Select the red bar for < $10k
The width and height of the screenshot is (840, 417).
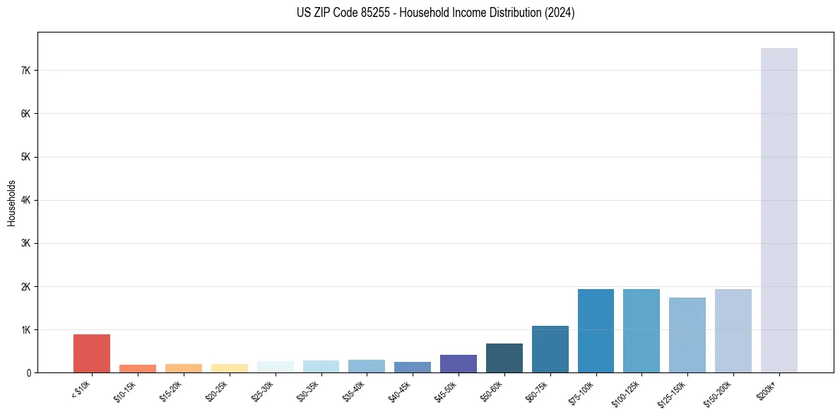coord(92,353)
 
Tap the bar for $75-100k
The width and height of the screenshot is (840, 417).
coord(596,331)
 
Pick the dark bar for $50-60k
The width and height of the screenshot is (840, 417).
coord(504,358)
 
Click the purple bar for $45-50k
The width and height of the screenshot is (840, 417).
coord(458,363)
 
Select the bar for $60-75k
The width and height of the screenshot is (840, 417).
coord(550,349)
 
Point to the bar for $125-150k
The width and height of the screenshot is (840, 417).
coord(687,335)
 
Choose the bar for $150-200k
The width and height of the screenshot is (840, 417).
coord(733,331)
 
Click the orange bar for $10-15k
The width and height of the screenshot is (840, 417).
coord(138,368)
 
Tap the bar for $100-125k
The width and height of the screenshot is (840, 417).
coord(641,331)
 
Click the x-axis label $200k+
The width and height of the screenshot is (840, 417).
coord(768,389)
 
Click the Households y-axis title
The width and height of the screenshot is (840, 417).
coord(11,203)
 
